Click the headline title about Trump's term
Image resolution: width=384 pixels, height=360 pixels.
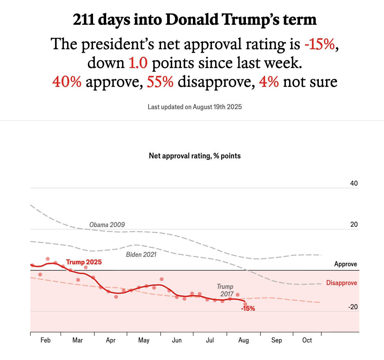[x=195, y=19]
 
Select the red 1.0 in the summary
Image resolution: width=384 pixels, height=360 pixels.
[x=138, y=63]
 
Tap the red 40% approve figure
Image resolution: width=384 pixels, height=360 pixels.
[x=67, y=82]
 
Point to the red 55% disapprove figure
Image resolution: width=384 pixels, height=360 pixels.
[x=160, y=82]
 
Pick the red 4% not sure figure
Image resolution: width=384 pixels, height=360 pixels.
[x=269, y=82]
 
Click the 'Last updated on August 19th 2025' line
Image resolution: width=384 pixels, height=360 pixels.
[x=195, y=107]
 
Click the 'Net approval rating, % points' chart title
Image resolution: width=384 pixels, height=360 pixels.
[x=195, y=156]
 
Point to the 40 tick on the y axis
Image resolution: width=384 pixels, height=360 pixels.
[x=354, y=183]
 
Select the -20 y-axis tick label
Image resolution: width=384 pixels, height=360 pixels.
[x=353, y=307]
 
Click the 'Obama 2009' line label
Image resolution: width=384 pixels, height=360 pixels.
[x=107, y=225]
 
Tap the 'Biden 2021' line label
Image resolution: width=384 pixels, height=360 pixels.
[x=141, y=255]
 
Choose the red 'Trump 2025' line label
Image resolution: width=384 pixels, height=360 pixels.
[x=84, y=262]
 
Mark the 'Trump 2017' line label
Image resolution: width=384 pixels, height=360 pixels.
[x=226, y=290]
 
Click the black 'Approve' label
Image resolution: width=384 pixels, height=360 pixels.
[x=345, y=264]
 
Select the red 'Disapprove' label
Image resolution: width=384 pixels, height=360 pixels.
[x=341, y=283]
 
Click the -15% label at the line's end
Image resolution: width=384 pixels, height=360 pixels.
[x=248, y=309]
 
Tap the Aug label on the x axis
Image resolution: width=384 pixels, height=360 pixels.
[x=243, y=340]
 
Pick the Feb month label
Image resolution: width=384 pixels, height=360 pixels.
[x=45, y=340]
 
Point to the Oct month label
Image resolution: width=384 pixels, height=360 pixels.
[x=307, y=340]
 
